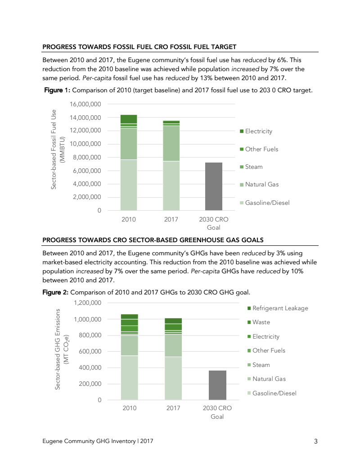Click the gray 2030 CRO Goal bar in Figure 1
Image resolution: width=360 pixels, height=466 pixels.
214,186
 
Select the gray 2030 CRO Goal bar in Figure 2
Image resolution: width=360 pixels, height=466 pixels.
217,385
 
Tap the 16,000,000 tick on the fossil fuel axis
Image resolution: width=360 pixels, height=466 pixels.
86,104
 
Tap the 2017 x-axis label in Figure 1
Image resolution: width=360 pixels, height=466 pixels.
171,219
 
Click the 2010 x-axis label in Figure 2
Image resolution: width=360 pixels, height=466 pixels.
129,408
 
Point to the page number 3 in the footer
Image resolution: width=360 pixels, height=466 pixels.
316,442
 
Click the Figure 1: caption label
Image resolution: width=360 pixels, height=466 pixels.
57,90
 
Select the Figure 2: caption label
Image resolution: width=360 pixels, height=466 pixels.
56,292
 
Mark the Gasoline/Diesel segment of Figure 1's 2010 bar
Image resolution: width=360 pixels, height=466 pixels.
129,185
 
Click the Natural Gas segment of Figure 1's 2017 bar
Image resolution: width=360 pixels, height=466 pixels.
171,143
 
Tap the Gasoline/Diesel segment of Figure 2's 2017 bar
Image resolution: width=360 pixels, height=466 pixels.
173,378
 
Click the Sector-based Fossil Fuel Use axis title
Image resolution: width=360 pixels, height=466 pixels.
56,149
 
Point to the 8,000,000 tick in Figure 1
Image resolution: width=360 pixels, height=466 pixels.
86,158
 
